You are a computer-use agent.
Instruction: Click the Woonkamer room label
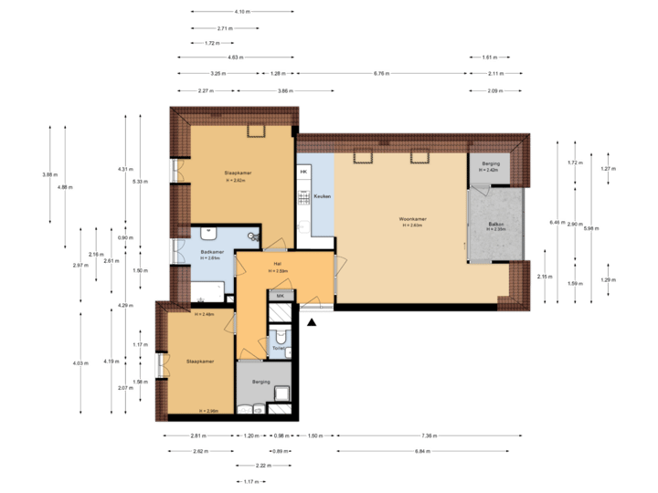412,219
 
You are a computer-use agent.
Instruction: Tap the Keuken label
322,196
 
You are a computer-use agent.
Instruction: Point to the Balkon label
496,224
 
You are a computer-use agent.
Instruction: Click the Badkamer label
211,252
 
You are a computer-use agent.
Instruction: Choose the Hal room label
278,265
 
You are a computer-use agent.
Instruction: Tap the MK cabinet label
281,296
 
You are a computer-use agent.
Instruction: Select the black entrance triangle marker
313,320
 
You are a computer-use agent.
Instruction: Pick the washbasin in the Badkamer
211,233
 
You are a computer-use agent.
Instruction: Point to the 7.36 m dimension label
426,436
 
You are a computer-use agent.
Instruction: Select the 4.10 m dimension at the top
241,12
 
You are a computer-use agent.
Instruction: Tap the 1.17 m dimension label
249,481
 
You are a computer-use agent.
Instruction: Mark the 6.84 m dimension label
421,451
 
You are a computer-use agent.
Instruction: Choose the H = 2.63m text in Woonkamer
412,226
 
